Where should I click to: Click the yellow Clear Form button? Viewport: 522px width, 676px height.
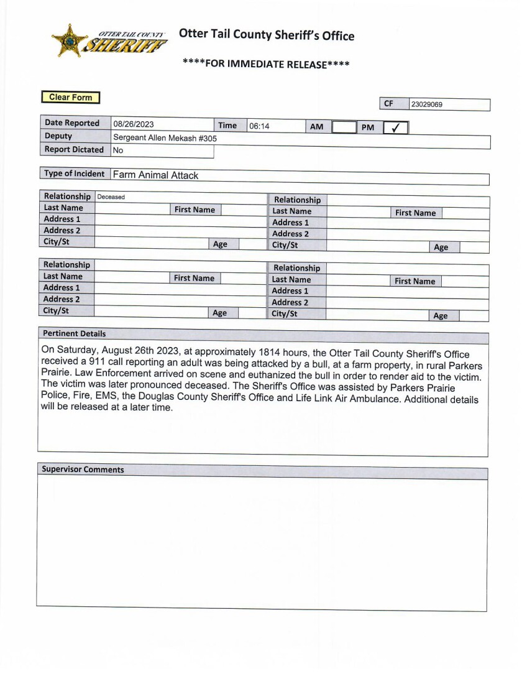pos(70,97)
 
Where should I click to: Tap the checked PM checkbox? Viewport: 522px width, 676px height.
pos(395,127)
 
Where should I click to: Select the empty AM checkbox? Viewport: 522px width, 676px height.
pos(342,127)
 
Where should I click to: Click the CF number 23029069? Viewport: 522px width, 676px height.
pos(427,104)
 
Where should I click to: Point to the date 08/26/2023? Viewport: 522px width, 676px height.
pos(134,124)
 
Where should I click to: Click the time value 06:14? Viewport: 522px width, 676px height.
pos(259,126)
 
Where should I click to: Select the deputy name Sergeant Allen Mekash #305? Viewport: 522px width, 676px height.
pos(165,137)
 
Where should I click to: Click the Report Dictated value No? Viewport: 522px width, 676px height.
pos(118,150)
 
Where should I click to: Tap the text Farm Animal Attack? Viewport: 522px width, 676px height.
pos(155,175)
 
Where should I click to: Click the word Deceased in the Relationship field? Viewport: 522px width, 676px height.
pos(111,197)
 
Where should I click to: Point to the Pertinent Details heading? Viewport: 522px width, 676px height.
pos(74,333)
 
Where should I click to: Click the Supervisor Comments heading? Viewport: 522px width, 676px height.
pos(83,470)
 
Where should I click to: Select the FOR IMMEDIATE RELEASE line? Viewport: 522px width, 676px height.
pos(266,63)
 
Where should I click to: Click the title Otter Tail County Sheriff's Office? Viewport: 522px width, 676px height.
pos(267,35)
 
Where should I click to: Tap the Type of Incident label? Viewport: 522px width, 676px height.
pos(74,174)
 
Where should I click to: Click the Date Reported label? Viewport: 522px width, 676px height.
pos(72,123)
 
